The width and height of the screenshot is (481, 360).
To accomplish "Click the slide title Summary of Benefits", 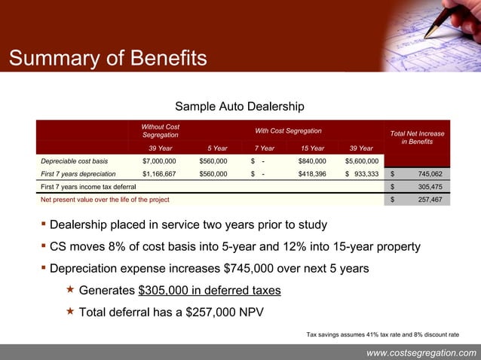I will point(106,58).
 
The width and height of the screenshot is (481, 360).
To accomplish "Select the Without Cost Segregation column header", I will point(161,130).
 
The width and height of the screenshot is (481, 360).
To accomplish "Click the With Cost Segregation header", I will point(288,131).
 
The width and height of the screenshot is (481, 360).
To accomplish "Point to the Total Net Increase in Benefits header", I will point(417,137).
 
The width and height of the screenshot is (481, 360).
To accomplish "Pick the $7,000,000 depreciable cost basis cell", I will point(159,160).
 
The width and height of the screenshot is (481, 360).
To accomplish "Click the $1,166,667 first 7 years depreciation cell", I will point(159,173).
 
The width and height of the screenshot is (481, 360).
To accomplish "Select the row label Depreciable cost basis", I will point(75,160).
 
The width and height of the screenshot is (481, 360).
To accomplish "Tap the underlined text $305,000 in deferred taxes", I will point(210,290).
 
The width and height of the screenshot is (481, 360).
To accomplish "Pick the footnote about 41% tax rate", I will point(381,334).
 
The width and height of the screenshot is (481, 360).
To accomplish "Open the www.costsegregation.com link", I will point(421,352).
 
